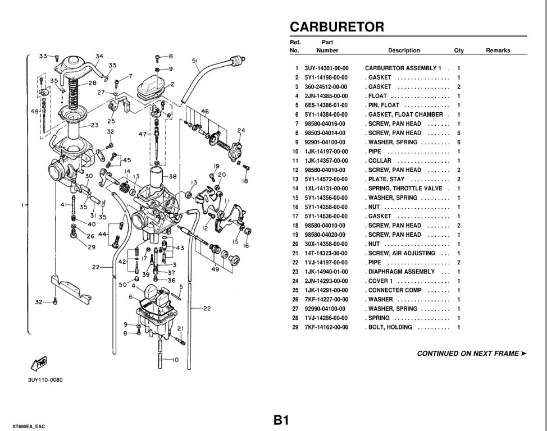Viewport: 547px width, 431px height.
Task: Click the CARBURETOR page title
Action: pos(337,27)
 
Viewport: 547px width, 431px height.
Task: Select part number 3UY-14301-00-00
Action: pos(326,68)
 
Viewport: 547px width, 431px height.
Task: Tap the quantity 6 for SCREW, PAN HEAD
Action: pos(459,133)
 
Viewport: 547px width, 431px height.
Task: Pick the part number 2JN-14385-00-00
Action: pos(326,96)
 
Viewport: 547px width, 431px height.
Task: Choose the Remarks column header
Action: pos(498,51)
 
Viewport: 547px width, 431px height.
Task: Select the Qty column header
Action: pos(459,51)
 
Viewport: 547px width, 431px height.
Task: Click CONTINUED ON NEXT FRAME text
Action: pos(472,354)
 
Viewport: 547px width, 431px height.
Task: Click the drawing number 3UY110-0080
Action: pos(45,380)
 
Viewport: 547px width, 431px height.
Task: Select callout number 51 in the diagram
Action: pos(195,61)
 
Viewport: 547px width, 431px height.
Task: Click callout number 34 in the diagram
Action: pos(99,56)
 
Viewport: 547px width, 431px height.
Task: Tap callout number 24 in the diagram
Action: pos(241,131)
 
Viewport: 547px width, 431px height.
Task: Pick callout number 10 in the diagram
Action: pos(175,360)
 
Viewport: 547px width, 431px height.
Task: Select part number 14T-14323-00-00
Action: pos(326,253)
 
